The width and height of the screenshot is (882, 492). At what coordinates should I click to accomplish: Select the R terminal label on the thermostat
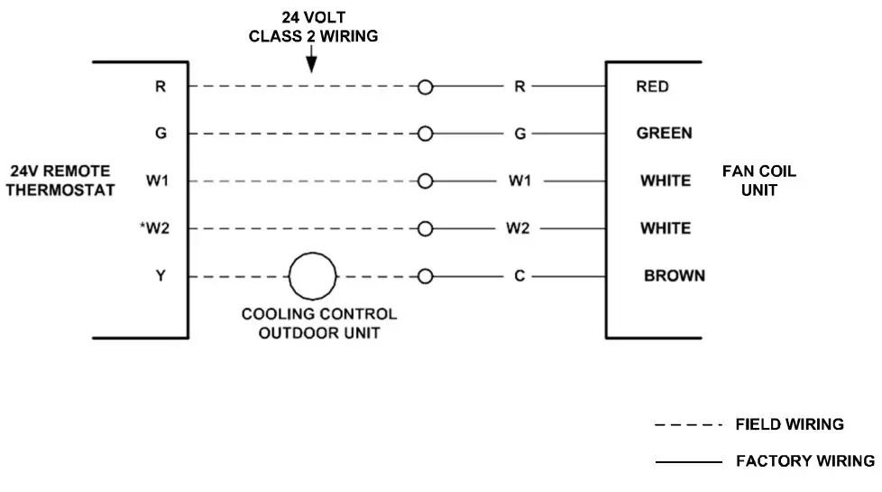[x=160, y=88]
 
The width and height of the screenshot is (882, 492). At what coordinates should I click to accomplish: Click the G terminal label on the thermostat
[x=160, y=134]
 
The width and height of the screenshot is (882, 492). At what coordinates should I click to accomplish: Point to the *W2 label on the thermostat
[x=154, y=228]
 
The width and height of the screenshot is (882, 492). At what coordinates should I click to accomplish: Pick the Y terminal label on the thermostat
[x=160, y=276]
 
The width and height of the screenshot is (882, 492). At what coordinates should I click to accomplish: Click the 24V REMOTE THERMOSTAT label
[x=62, y=181]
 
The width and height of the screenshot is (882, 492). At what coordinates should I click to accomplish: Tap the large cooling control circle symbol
[x=312, y=276]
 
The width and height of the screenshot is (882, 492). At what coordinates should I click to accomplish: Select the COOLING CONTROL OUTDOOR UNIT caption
[x=318, y=323]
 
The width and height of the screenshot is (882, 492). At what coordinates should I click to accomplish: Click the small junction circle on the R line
[x=426, y=88]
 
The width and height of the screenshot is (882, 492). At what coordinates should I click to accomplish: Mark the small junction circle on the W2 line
[x=426, y=228]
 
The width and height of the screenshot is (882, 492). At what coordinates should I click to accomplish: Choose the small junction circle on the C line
[x=426, y=276]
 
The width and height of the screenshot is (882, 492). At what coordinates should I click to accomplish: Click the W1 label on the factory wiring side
[x=519, y=181]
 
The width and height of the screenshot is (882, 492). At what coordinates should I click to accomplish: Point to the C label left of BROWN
[x=519, y=276]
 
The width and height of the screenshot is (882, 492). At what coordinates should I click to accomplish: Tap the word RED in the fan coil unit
[x=653, y=88]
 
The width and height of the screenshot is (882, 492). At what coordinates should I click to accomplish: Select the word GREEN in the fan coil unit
[x=665, y=134]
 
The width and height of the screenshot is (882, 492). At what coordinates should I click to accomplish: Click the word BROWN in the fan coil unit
[x=675, y=276]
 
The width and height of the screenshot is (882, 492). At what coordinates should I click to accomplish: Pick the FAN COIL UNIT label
[x=759, y=181]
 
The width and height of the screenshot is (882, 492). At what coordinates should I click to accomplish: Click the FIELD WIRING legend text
[x=790, y=424]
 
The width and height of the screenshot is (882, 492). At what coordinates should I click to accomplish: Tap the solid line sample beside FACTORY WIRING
[x=688, y=461]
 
